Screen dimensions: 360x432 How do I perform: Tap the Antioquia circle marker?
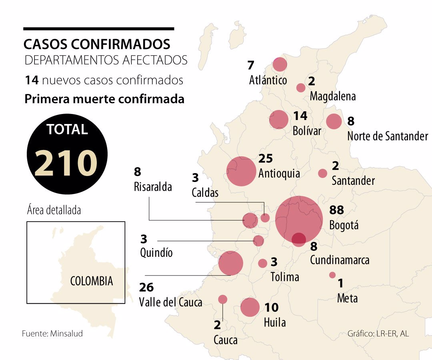(241, 171)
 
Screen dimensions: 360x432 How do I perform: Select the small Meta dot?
(332, 275)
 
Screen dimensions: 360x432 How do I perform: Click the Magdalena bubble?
(301, 88)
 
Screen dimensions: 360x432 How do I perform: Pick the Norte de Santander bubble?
(334, 121)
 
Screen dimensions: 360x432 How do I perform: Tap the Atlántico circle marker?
(280, 64)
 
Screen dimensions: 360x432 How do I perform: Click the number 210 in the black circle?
(66, 163)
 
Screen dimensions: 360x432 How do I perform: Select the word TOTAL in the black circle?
(67, 130)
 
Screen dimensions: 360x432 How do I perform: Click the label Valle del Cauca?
(171, 302)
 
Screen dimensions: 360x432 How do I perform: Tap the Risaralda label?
(153, 186)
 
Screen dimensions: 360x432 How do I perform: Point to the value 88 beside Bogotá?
(336, 210)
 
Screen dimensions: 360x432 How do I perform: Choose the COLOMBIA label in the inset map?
(92, 281)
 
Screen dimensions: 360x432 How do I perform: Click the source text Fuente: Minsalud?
(52, 333)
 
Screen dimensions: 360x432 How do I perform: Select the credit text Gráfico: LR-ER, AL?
(378, 333)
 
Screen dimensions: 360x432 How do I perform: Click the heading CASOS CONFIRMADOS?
(97, 44)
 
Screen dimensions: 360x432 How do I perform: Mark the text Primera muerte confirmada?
(104, 99)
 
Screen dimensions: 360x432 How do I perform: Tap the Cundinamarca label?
(340, 260)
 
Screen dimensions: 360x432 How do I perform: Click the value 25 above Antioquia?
(266, 159)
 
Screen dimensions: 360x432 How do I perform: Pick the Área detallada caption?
(54, 210)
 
